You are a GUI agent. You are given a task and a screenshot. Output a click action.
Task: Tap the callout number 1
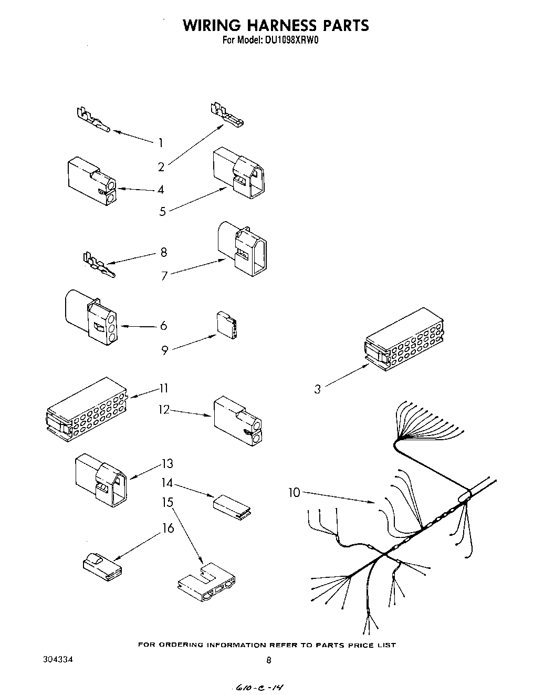pyautogui.click(x=160, y=142)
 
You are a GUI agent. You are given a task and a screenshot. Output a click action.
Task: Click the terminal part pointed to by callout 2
pyautogui.click(x=226, y=118)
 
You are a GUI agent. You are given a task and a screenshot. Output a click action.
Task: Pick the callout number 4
pyautogui.click(x=161, y=190)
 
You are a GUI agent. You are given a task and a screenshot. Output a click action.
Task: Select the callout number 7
pyautogui.click(x=164, y=275)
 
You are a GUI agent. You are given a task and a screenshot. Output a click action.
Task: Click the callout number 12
pyautogui.click(x=164, y=409)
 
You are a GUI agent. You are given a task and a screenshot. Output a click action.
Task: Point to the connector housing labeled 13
pyautogui.click(x=101, y=479)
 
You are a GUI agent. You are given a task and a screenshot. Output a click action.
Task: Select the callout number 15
pyautogui.click(x=168, y=503)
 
